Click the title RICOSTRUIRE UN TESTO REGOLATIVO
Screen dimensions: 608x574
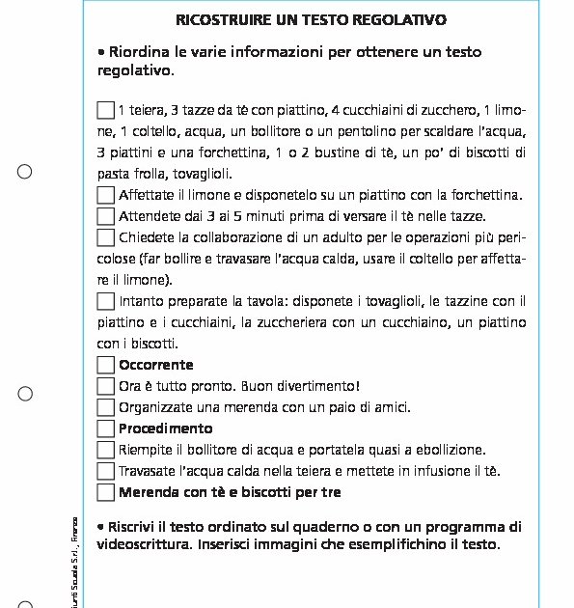coord(312,19)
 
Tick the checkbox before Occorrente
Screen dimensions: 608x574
coord(106,365)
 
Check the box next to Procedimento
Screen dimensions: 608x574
coord(106,428)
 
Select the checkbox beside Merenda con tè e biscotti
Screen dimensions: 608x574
coord(106,492)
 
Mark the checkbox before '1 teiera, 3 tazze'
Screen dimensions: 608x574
coord(106,110)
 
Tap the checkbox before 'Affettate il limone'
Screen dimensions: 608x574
coord(106,195)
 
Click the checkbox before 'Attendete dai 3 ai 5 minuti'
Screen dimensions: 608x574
coord(106,216)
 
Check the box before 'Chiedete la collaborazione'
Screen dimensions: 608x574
coord(106,237)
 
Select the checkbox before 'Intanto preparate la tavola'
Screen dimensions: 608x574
coord(106,301)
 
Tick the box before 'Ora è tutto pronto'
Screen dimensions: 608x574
coord(106,386)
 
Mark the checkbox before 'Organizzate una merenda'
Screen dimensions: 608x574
coord(106,407)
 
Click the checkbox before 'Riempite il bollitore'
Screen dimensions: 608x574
coord(106,450)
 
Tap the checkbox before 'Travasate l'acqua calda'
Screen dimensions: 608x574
coord(106,471)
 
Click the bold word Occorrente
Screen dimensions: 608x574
coord(155,365)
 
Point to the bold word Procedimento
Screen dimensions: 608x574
coord(165,428)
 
